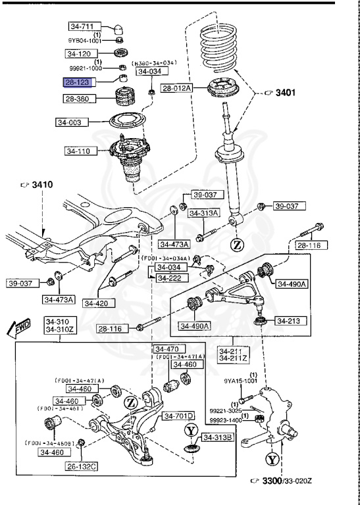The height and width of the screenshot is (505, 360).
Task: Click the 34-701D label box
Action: tap(179, 416)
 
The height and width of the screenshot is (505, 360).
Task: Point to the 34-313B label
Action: tap(217, 437)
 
